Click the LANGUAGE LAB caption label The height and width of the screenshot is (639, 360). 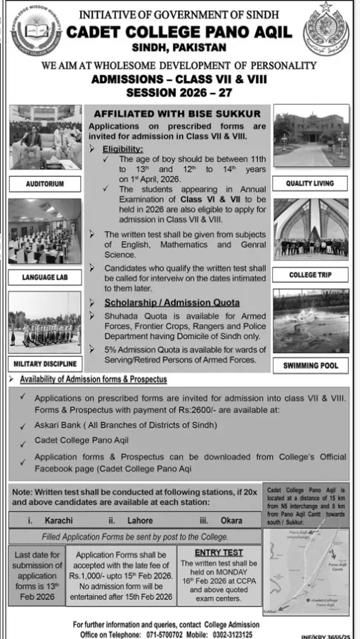click(x=44, y=277)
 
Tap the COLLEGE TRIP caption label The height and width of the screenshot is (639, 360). click(x=310, y=274)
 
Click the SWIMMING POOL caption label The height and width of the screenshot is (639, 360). click(x=310, y=366)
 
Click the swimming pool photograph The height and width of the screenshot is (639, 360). click(x=311, y=321)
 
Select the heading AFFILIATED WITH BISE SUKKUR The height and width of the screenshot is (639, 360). click(x=177, y=114)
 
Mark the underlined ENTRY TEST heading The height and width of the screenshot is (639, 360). click(x=218, y=552)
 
